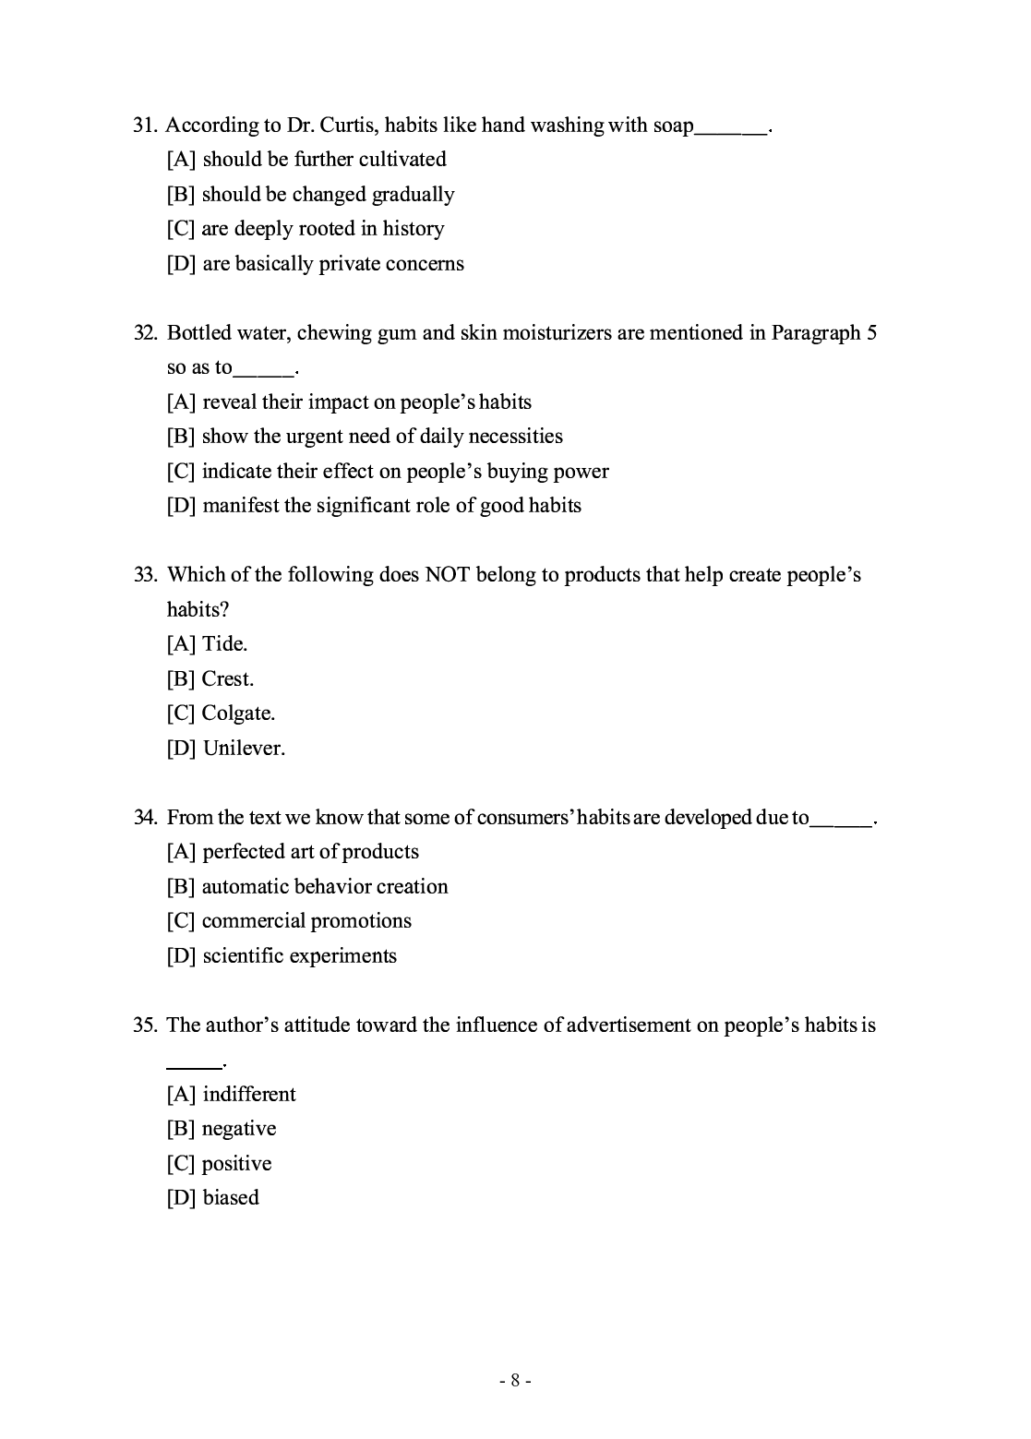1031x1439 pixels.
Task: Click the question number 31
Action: point(145,126)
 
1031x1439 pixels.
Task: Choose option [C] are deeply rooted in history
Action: point(306,229)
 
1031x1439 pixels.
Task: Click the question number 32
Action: point(145,333)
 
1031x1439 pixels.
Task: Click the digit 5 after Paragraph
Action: point(871,333)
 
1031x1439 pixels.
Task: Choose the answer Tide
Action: point(225,643)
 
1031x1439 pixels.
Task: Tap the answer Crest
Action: point(227,678)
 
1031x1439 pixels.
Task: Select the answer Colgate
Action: point(238,714)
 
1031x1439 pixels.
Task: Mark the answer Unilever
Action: point(244,749)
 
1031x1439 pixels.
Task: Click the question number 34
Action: point(145,818)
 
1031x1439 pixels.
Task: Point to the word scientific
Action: point(244,956)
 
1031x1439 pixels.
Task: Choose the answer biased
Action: point(231,1198)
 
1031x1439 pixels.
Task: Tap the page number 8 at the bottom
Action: point(515,1381)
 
